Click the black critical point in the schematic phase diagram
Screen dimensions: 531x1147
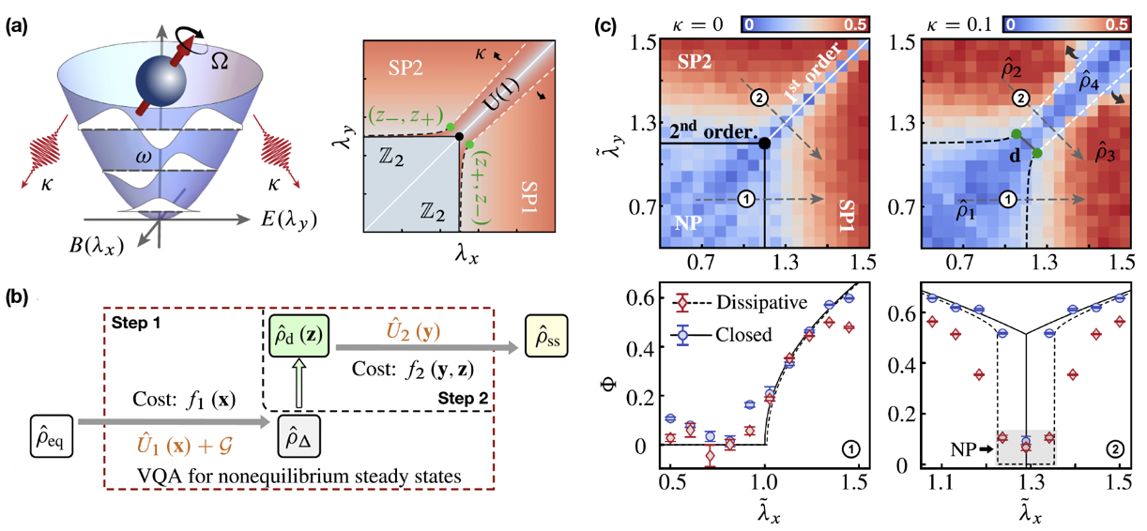point(459,137)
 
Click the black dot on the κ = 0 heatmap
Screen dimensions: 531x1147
point(764,143)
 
